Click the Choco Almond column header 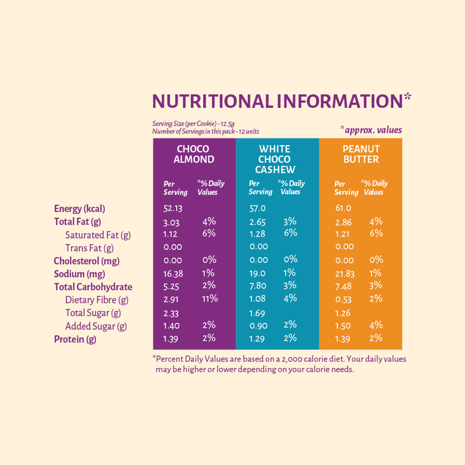194,154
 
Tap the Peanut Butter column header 361,154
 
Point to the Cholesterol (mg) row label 86,261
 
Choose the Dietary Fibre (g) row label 97,300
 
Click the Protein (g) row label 75,339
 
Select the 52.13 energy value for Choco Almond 173,208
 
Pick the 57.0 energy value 258,208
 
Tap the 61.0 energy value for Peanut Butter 343,208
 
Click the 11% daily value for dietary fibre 210,299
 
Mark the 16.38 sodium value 173,274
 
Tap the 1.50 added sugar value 343,326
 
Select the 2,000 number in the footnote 288,359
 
